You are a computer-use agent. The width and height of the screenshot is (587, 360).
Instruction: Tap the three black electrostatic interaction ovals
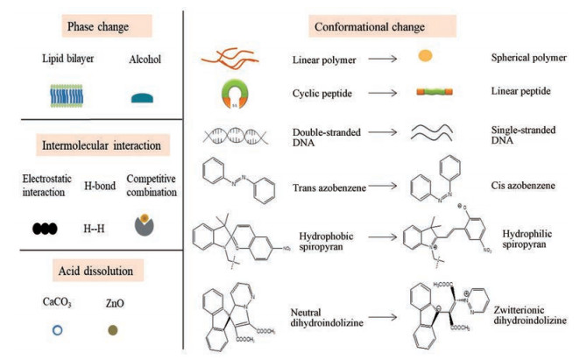(45, 227)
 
